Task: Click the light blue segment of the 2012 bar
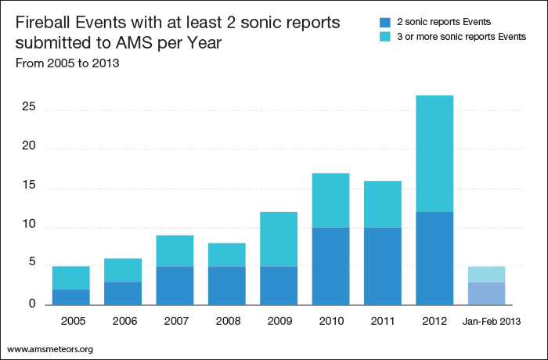tap(434, 153)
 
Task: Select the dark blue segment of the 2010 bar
tap(330, 266)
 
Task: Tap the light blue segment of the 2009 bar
tap(279, 239)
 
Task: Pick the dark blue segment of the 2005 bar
tap(70, 297)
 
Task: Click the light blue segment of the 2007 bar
tap(175, 250)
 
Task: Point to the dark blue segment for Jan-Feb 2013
tap(486, 293)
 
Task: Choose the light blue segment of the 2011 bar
tap(382, 204)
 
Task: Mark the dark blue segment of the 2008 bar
tap(226, 285)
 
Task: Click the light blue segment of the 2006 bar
tap(123, 270)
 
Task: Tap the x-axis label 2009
tap(279, 321)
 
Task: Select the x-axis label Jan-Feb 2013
tap(487, 321)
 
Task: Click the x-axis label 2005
tap(70, 321)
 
